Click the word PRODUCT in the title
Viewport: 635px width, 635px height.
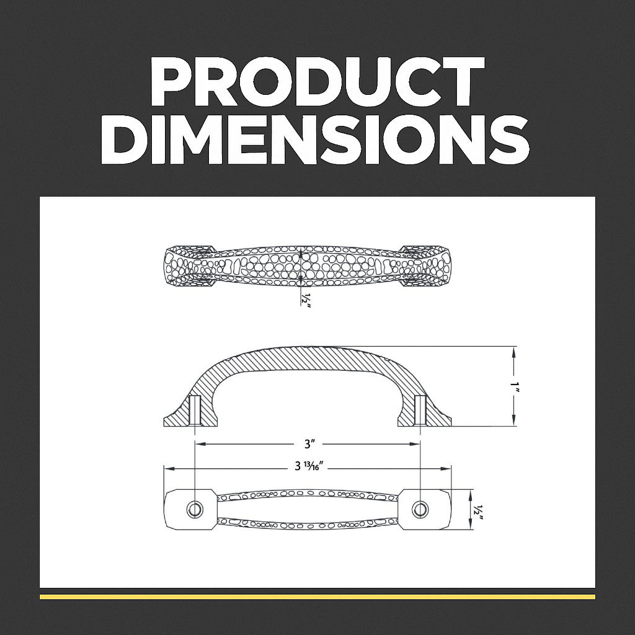pyautogui.click(x=317, y=81)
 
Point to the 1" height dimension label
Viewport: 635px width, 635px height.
pyautogui.click(x=514, y=387)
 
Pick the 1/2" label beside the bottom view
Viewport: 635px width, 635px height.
pyautogui.click(x=479, y=513)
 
